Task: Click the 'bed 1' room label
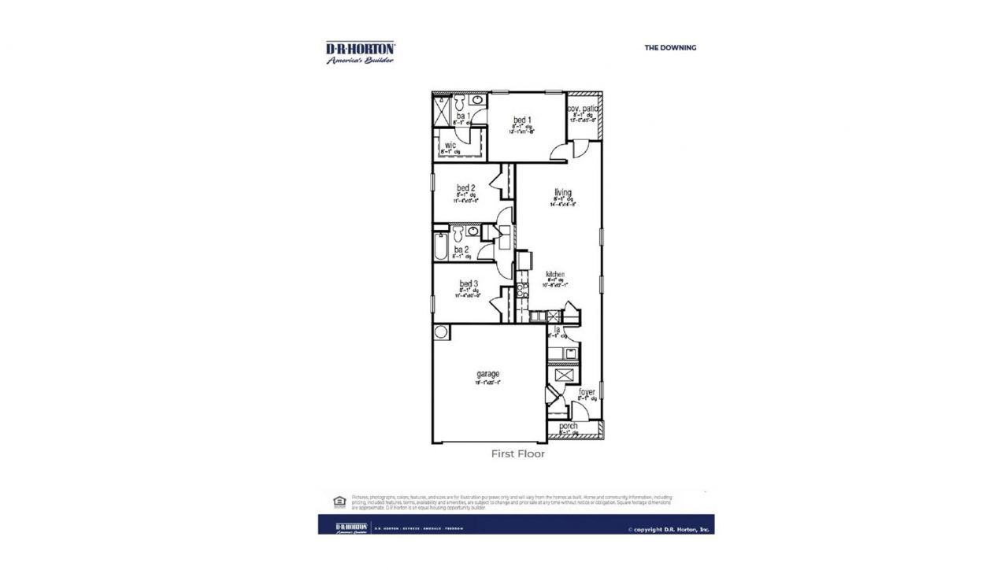click(x=521, y=120)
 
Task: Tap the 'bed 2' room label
click(x=465, y=188)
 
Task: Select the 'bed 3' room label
click(x=469, y=283)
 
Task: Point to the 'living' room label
click(x=562, y=192)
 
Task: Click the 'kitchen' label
click(x=555, y=274)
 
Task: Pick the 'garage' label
click(x=487, y=374)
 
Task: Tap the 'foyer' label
click(x=587, y=391)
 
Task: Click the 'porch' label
click(x=568, y=426)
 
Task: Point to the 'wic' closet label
click(x=450, y=146)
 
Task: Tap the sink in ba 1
click(x=477, y=101)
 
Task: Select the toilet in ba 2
click(x=457, y=232)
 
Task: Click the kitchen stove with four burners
click(x=521, y=293)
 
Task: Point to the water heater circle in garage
click(x=441, y=331)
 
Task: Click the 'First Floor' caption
click(x=517, y=453)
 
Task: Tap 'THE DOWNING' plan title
click(x=670, y=47)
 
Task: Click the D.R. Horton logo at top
click(x=361, y=52)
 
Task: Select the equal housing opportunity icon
click(x=339, y=501)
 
